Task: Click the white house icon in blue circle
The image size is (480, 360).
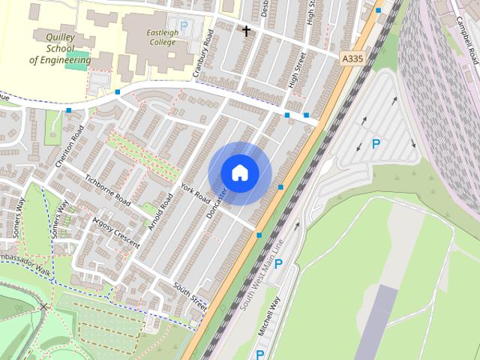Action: tap(239, 172)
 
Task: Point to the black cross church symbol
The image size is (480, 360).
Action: tap(246, 31)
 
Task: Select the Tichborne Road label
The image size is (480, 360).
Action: tap(108, 191)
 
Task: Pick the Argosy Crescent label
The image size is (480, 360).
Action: tap(115, 232)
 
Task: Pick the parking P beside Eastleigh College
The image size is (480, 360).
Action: tap(184, 25)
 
